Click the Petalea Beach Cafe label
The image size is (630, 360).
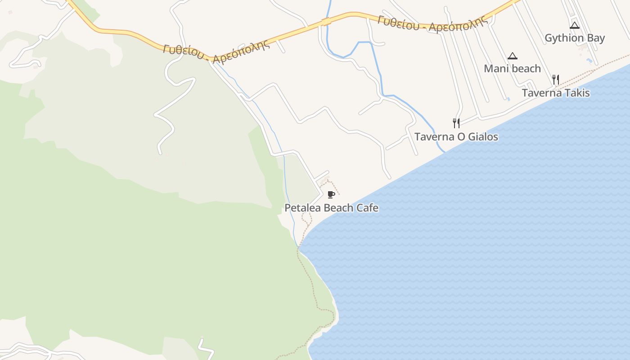pyautogui.click(x=331, y=208)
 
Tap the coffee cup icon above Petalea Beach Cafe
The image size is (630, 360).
pyautogui.click(x=331, y=194)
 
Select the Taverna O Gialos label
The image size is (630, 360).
pyautogui.click(x=456, y=137)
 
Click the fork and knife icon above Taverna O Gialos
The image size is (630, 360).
pyautogui.click(x=456, y=123)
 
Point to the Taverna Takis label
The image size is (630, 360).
pyautogui.click(x=555, y=93)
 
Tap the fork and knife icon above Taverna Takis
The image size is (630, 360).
pyautogui.click(x=556, y=80)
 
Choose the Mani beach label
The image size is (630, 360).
pyautogui.click(x=512, y=69)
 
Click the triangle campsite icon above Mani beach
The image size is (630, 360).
pyautogui.click(x=512, y=56)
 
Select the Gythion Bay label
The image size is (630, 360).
pyautogui.click(x=575, y=38)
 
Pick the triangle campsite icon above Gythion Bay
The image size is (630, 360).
pyautogui.click(x=575, y=26)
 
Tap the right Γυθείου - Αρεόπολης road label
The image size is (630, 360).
pyautogui.click(x=433, y=24)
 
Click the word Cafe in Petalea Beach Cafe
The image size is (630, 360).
pyautogui.click(x=367, y=208)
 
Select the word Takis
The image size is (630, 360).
pyautogui.click(x=577, y=93)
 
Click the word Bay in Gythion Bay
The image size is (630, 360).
pyautogui.click(x=596, y=38)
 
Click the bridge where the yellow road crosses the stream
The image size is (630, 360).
pyautogui.click(x=326, y=21)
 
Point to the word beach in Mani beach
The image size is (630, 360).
pyautogui.click(x=526, y=69)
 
